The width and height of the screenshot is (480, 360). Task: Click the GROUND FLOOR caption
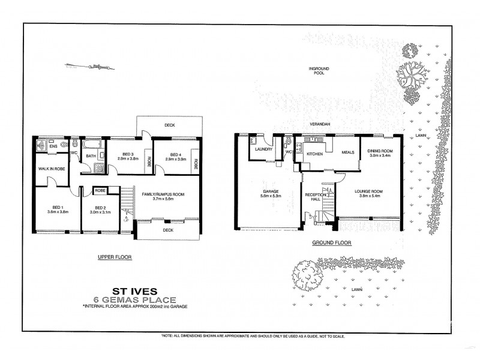point(331,242)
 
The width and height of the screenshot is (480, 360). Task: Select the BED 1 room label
point(58,208)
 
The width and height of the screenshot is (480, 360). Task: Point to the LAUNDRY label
point(264,149)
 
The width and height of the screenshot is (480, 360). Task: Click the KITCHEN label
point(315,154)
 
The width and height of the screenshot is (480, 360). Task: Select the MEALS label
point(347,152)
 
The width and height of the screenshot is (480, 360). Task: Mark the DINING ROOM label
point(380,150)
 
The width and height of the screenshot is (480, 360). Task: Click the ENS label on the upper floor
point(53,146)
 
